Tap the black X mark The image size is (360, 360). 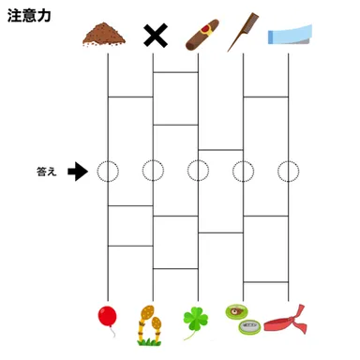coord(153,36)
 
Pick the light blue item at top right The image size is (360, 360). coord(287,35)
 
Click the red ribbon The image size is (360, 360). coord(288,322)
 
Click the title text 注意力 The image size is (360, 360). coord(29,16)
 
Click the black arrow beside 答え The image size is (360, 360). coord(79,172)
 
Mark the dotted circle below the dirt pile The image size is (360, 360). coord(108,172)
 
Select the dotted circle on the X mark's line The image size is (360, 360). coord(153,172)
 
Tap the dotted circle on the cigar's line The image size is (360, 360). coord(198,172)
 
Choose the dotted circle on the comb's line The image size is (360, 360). coord(243,172)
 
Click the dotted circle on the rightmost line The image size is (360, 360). coord(288,172)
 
